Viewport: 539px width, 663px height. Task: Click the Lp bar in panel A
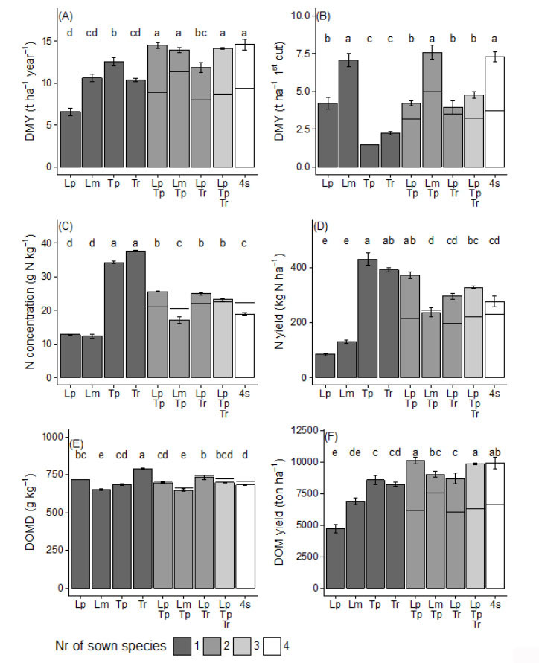(x=70, y=139)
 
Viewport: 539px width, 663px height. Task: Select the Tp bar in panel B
(x=369, y=156)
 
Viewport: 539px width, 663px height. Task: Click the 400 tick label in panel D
(x=302, y=268)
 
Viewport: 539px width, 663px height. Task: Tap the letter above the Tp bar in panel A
(x=114, y=32)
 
